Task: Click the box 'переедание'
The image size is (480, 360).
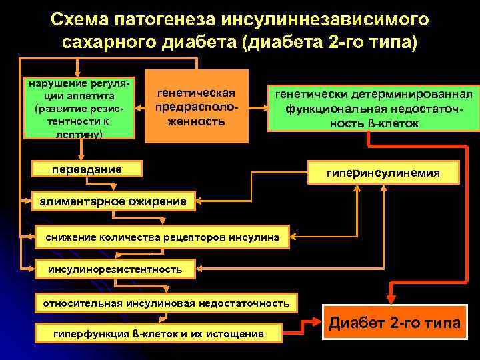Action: tap(87, 169)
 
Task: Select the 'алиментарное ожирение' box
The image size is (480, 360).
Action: tap(113, 200)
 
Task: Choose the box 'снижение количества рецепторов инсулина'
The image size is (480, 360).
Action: tap(163, 237)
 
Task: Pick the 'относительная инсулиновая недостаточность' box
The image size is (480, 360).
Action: tap(166, 304)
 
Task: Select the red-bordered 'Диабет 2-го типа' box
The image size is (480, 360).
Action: tap(395, 323)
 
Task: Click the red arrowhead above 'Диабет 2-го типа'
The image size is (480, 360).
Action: tap(391, 297)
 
